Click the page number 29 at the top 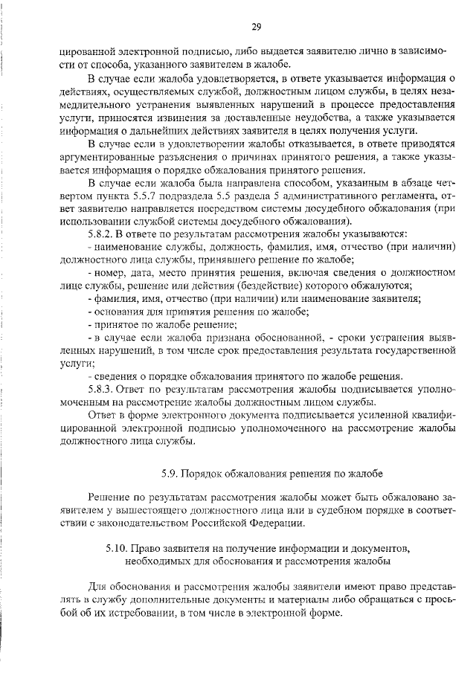click(x=255, y=27)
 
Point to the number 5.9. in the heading click(x=171, y=472)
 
